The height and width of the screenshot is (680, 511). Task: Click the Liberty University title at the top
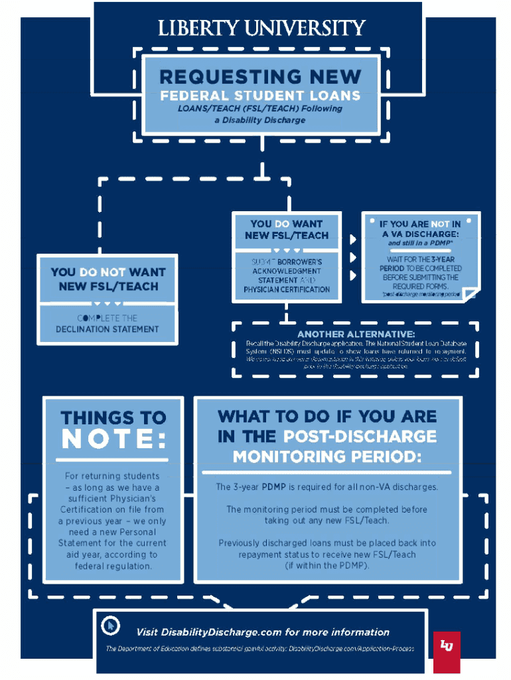coord(261,29)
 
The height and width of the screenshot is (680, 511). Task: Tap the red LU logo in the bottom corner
coord(447,644)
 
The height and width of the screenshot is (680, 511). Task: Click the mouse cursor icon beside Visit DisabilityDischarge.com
coord(111,626)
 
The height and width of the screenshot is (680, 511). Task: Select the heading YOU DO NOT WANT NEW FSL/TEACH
coord(108,280)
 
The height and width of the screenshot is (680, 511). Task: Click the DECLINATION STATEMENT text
coord(108,329)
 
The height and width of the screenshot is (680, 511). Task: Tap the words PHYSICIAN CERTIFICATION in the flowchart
coord(286,290)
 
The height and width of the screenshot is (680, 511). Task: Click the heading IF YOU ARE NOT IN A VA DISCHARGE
coord(419,229)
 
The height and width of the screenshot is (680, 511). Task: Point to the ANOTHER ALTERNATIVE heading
coord(356,333)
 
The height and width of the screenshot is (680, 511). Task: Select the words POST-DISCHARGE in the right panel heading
coord(360,436)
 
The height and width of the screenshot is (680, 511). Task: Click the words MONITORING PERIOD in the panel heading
coord(327,457)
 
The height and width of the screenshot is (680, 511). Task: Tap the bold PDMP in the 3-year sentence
coord(274,487)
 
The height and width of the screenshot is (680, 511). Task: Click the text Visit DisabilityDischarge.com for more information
coord(263,632)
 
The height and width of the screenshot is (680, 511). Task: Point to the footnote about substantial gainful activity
coord(259,648)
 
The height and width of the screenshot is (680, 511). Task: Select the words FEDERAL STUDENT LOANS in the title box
coord(259,95)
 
